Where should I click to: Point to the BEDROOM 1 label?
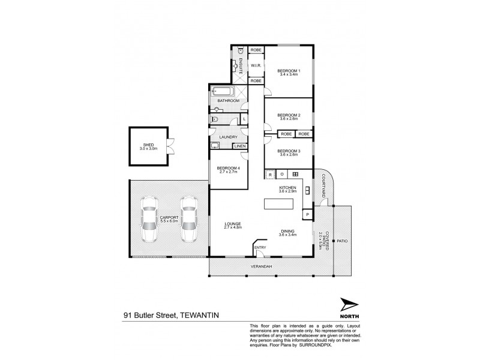(x=289, y=71)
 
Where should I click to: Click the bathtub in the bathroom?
(x=222, y=93)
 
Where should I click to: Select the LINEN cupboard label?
(x=239, y=146)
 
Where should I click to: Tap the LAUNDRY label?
(x=229, y=137)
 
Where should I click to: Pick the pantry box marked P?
(x=307, y=214)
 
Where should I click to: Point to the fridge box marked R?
(x=271, y=175)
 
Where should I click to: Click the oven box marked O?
(x=282, y=175)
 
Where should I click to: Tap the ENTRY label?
(x=260, y=247)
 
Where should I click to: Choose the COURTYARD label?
(x=323, y=183)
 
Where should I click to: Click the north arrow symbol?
(x=347, y=305)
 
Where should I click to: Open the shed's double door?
(x=171, y=144)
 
